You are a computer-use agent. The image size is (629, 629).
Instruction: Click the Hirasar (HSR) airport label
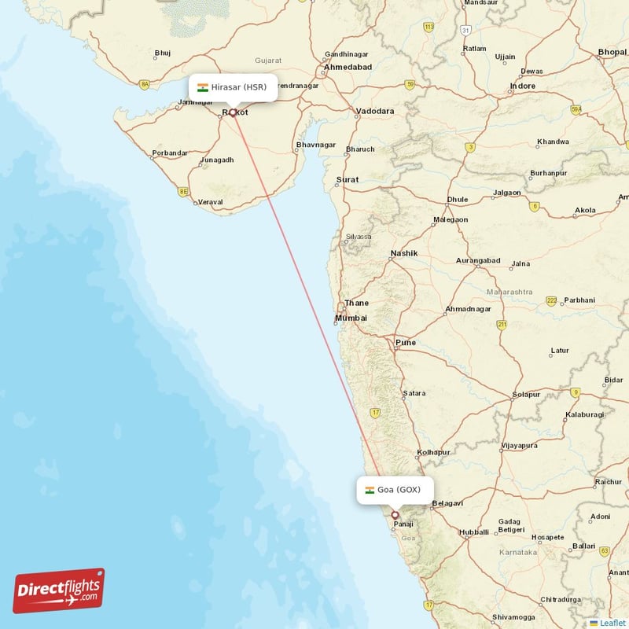click(x=233, y=87)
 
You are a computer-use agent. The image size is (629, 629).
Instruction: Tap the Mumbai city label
click(x=351, y=318)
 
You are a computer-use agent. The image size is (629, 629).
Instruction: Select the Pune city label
click(x=406, y=343)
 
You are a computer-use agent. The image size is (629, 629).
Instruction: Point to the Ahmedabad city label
click(x=348, y=68)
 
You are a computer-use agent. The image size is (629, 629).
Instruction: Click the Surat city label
click(x=348, y=180)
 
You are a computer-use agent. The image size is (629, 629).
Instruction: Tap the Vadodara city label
click(x=375, y=112)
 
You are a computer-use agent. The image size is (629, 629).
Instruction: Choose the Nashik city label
click(x=404, y=253)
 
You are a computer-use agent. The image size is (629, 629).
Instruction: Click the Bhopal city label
click(x=612, y=53)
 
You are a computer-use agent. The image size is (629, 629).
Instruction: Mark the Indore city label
click(x=522, y=86)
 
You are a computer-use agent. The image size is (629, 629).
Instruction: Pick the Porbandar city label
click(x=170, y=153)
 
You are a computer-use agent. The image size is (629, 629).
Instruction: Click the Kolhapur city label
click(x=433, y=453)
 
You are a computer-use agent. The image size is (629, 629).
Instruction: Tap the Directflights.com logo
click(x=58, y=590)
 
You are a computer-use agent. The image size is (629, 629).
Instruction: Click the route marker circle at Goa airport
click(x=395, y=516)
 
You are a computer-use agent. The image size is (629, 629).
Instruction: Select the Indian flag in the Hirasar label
click(x=203, y=87)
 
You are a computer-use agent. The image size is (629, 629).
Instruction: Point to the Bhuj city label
click(x=163, y=53)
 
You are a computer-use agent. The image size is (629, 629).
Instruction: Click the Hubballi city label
click(x=474, y=532)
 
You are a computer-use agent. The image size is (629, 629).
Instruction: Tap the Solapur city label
click(x=525, y=395)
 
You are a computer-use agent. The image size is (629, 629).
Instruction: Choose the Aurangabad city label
click(x=477, y=260)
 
